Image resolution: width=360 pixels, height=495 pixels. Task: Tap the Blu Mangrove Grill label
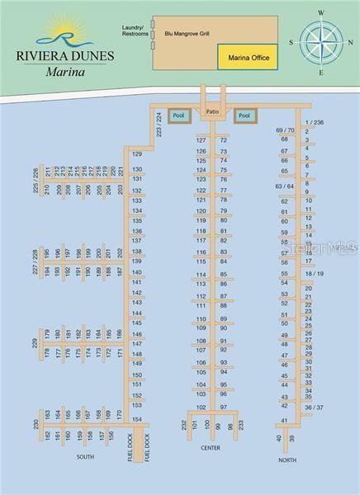tap(187, 35)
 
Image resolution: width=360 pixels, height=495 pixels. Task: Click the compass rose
tap(321, 41)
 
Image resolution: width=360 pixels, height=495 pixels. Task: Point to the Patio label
tap(212, 111)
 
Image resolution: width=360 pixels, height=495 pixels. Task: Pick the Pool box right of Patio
tap(244, 115)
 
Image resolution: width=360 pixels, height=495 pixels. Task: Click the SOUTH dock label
tap(85, 456)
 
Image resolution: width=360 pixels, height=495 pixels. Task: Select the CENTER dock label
tap(210, 449)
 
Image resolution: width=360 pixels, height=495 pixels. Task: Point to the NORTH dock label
tap(287, 460)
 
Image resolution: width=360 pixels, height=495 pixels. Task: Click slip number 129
tap(137, 154)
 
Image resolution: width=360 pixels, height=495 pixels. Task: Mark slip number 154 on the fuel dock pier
tap(137, 418)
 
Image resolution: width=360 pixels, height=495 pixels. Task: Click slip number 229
tap(35, 343)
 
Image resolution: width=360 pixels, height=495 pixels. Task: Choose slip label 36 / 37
tap(314, 408)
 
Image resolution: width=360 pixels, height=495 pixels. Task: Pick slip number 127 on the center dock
tap(201, 140)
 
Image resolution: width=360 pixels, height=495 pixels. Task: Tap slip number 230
tap(36, 424)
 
